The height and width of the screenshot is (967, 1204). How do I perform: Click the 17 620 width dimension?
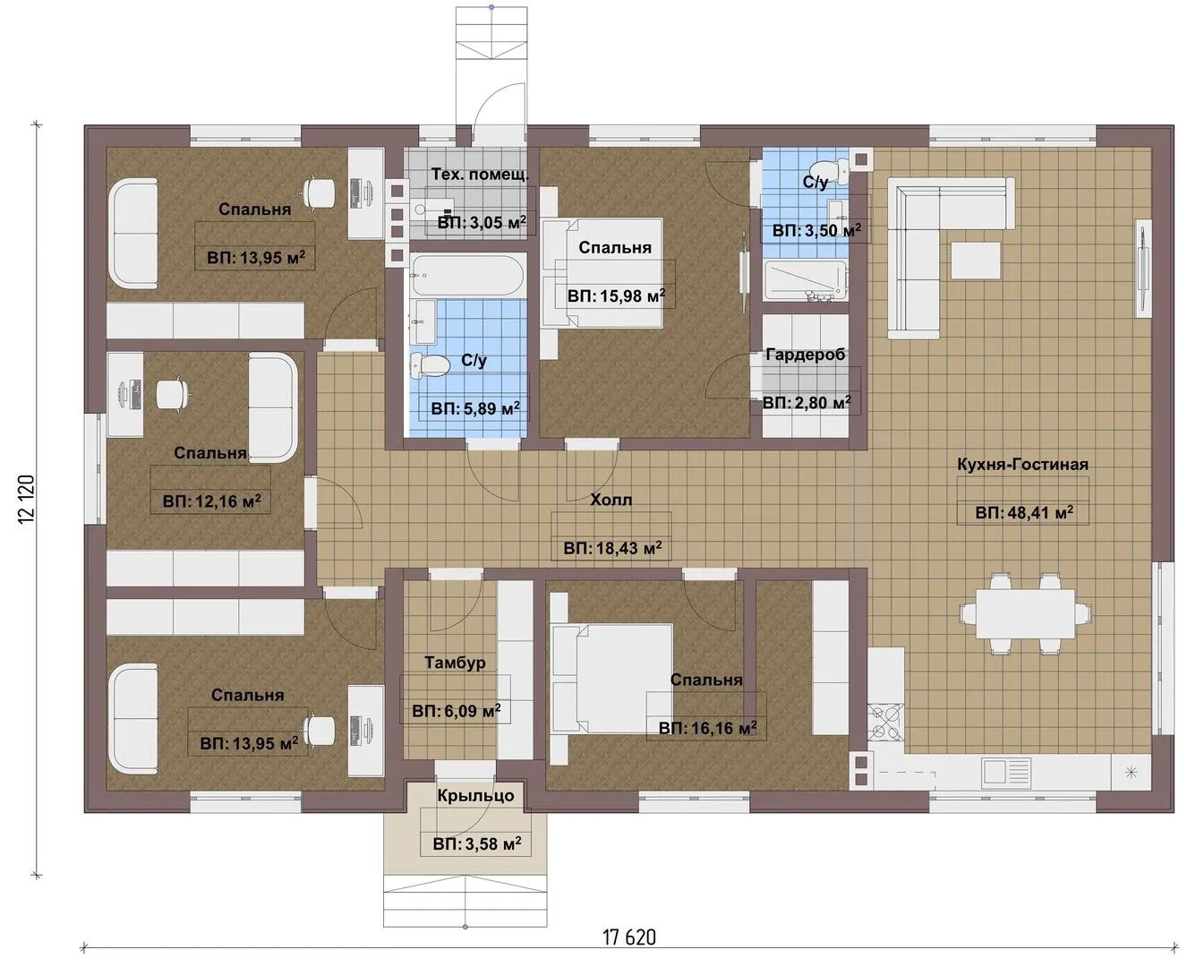point(628,937)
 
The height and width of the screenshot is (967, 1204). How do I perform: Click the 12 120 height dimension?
point(27,500)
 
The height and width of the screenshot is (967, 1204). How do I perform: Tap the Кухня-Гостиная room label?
point(1022,465)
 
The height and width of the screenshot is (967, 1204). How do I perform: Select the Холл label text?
point(611,500)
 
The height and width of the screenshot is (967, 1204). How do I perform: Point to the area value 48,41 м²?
point(1024,512)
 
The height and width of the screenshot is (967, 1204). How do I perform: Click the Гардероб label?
point(806,355)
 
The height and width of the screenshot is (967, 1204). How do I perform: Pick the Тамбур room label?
point(455,663)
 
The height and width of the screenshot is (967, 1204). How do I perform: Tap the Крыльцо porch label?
point(475,795)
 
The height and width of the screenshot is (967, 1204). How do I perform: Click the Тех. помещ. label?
point(480,175)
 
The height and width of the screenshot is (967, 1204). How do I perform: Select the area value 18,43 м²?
point(612,548)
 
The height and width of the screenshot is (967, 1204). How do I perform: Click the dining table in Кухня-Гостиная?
point(1026,613)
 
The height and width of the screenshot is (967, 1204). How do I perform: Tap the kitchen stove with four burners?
point(885,722)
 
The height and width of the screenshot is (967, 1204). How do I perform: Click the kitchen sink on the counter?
point(1005,773)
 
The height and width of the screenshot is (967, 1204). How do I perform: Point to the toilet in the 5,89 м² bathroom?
point(430,365)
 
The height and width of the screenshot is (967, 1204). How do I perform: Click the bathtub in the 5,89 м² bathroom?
point(467,276)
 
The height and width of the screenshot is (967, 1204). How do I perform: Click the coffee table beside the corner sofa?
point(975,260)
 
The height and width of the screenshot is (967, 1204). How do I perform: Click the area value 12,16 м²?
point(211,501)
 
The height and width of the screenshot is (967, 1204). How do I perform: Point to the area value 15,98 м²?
point(616,295)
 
